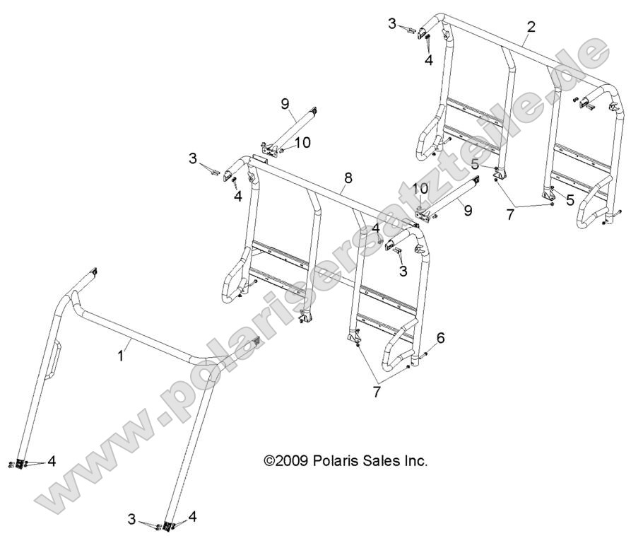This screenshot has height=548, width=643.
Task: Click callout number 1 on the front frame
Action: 120,356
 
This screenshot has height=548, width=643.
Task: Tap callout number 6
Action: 440,339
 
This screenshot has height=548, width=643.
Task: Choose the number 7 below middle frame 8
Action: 377,391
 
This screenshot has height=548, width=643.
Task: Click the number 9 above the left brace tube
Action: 285,104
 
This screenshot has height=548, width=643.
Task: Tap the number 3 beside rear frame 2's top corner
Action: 392,24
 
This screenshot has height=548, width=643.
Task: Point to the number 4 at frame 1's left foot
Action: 51,462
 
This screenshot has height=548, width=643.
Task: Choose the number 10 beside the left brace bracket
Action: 302,143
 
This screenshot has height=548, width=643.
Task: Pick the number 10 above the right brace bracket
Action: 420,189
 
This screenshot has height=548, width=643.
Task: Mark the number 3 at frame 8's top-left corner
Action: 192,158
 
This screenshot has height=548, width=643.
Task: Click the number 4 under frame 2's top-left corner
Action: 428,61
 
